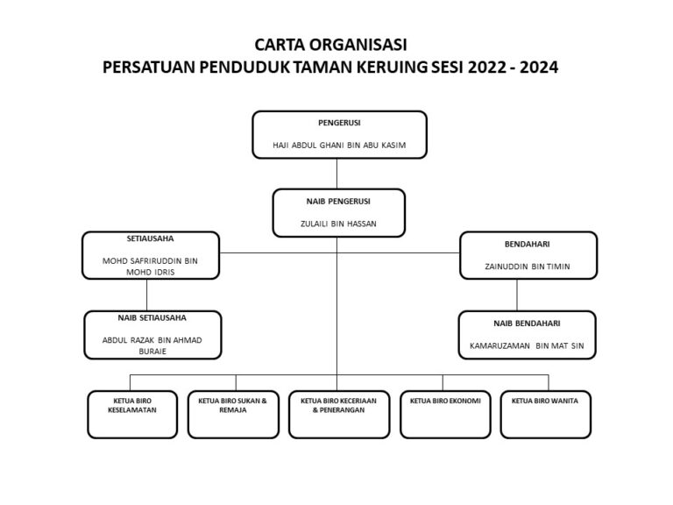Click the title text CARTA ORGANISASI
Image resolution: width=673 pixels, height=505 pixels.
(x=330, y=45)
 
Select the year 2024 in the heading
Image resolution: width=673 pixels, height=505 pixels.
(x=539, y=68)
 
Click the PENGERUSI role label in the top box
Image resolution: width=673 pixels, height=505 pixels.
(x=339, y=123)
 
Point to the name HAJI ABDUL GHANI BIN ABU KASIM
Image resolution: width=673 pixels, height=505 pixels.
(x=339, y=146)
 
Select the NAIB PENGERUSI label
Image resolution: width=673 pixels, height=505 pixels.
(x=338, y=202)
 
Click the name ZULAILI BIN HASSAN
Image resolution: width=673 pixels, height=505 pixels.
(x=338, y=224)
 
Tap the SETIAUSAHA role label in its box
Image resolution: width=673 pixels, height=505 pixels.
(x=150, y=238)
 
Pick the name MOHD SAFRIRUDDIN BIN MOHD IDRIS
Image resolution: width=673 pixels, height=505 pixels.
(x=150, y=267)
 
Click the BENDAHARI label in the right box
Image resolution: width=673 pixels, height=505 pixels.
(x=527, y=245)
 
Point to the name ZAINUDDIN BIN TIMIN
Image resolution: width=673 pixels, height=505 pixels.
(x=528, y=267)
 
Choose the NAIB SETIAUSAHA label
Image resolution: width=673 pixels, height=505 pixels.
(x=152, y=318)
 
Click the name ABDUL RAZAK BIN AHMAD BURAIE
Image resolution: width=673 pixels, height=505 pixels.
(x=152, y=345)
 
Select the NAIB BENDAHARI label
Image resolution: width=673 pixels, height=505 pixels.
(x=527, y=324)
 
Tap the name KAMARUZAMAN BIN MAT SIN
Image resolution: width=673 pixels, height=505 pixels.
(x=527, y=346)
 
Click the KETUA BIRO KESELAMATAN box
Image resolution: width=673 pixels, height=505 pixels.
(x=132, y=415)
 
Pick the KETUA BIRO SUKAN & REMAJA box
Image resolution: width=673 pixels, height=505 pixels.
(x=233, y=415)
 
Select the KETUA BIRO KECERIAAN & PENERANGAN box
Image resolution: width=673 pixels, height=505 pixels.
(x=339, y=415)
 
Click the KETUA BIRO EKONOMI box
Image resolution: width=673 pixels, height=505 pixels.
(x=445, y=415)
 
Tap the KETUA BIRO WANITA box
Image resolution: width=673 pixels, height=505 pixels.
(x=546, y=415)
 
